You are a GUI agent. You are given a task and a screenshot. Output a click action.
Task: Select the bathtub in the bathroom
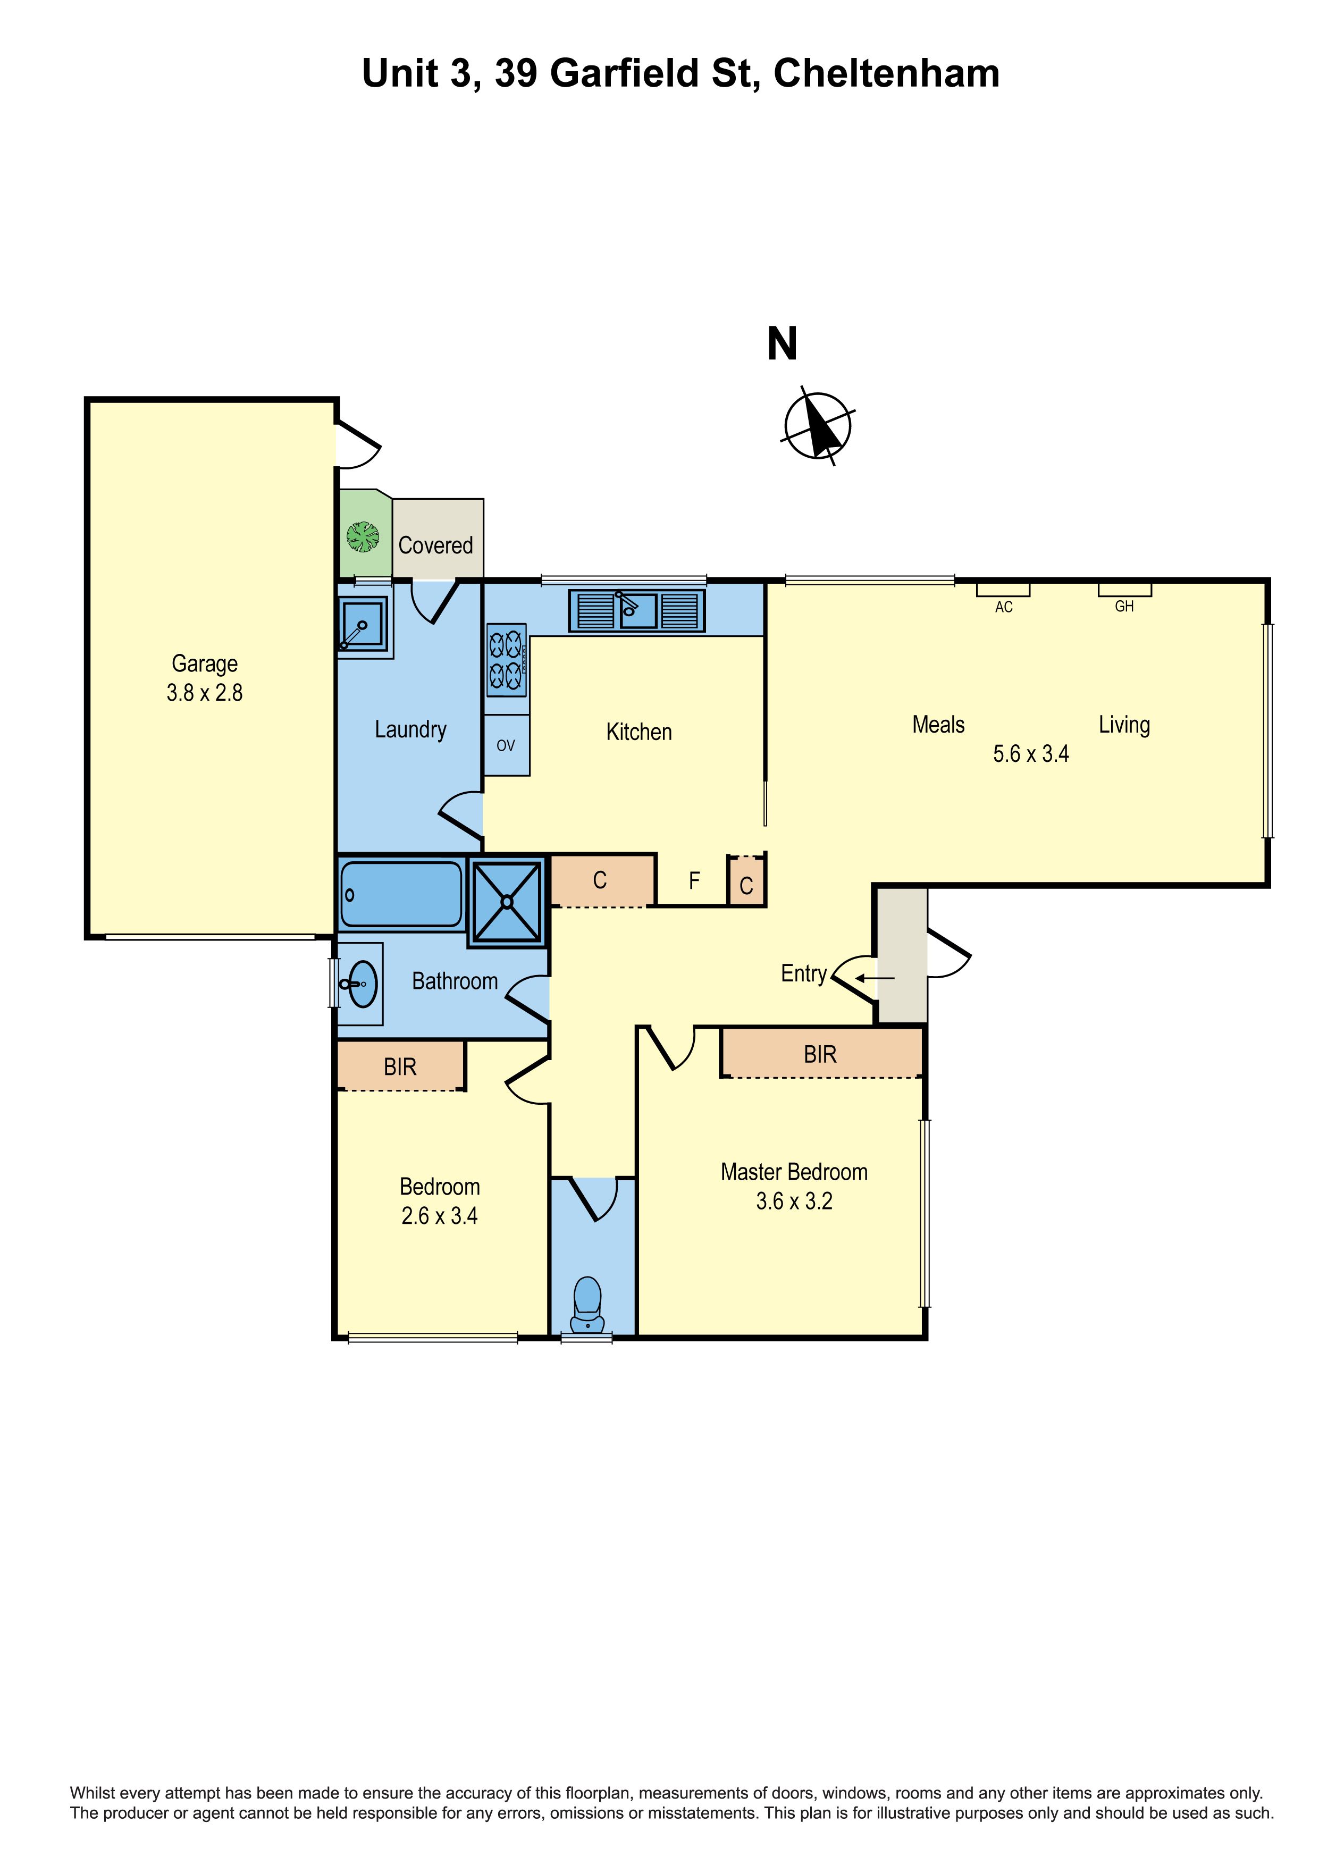[x=401, y=894]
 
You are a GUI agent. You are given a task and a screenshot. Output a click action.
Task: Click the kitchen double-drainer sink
[x=637, y=610]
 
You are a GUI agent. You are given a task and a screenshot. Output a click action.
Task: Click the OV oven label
[x=506, y=746]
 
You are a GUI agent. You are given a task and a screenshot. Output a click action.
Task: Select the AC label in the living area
[x=1004, y=607]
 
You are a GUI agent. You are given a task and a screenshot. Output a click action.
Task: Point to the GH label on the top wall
[x=1124, y=606]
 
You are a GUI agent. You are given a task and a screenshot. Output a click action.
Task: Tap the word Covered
[x=435, y=545]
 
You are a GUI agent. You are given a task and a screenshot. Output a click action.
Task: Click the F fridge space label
[x=694, y=880]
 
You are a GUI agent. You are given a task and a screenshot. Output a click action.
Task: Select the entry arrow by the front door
[x=875, y=978]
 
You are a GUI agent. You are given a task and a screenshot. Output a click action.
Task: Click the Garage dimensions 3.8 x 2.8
[x=205, y=693]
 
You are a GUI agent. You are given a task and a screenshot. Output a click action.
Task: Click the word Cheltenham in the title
[x=886, y=73]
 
